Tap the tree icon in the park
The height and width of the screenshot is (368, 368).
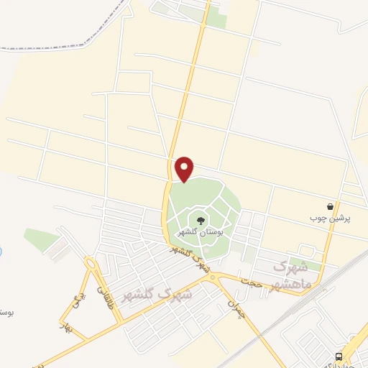tap(199, 220)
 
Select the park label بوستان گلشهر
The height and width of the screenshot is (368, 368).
tap(199, 233)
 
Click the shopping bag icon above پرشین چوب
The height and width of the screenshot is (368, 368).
tap(330, 206)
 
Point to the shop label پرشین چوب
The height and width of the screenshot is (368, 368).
tap(329, 218)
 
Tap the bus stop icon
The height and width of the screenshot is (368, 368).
tap(339, 356)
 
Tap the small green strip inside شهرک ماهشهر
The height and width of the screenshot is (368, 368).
tap(305, 266)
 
